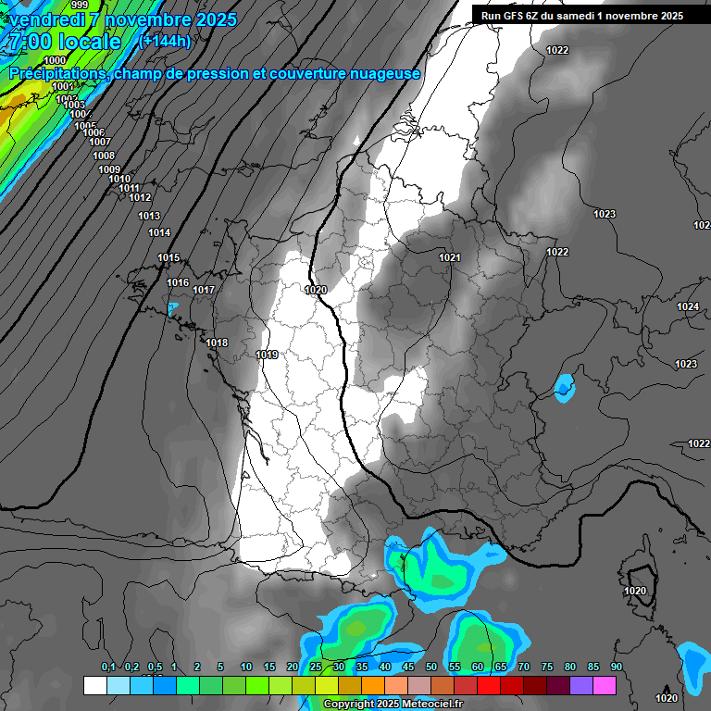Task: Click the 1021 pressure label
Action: [450, 257]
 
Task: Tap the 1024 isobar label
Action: [687, 306]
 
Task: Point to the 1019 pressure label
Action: [268, 355]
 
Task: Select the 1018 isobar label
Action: [217, 343]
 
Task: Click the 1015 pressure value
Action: [168, 257]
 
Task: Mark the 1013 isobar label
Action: [149, 216]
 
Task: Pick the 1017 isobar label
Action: [204, 290]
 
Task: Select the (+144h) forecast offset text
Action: [164, 41]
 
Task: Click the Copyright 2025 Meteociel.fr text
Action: [393, 705]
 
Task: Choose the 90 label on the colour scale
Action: [616, 667]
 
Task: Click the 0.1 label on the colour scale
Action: [108, 667]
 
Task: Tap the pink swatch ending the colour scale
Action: [605, 685]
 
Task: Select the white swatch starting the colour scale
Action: [94, 685]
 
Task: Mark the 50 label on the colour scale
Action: [431, 667]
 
